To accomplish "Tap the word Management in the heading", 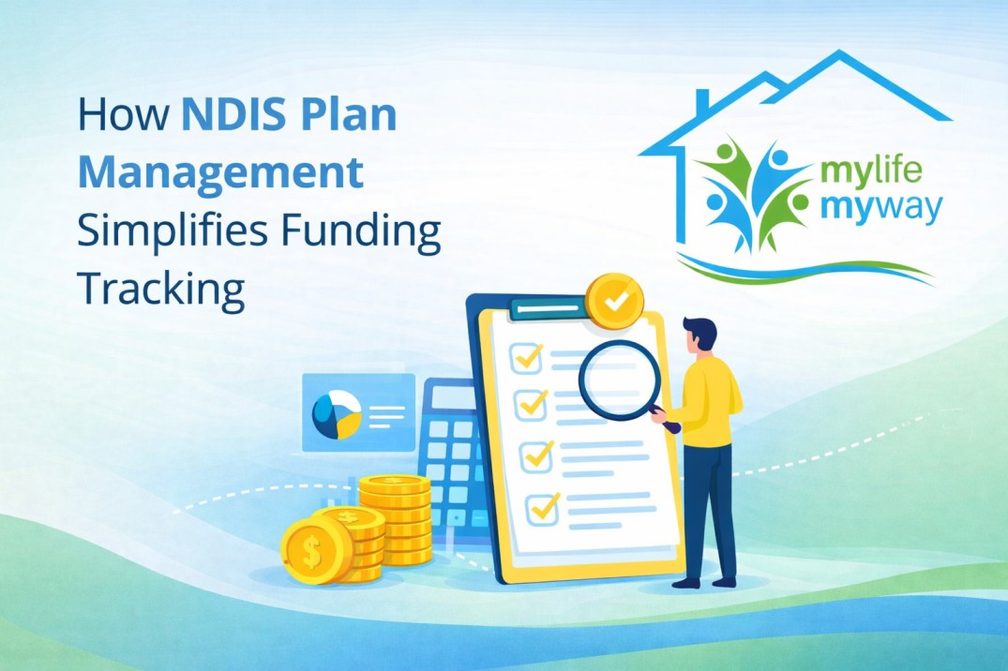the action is [x=220, y=171].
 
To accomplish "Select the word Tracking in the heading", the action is [x=161, y=289].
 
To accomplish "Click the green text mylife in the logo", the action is [x=871, y=171].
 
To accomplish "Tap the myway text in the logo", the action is [x=880, y=208].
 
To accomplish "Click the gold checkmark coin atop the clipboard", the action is [x=614, y=300].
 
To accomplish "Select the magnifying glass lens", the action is [x=619, y=380].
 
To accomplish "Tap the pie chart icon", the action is [x=337, y=414].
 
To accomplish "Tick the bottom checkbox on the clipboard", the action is [x=542, y=508].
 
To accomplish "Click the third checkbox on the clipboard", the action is [x=536, y=457].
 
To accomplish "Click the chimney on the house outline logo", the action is [x=702, y=103].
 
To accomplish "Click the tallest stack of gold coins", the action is [x=395, y=520].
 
